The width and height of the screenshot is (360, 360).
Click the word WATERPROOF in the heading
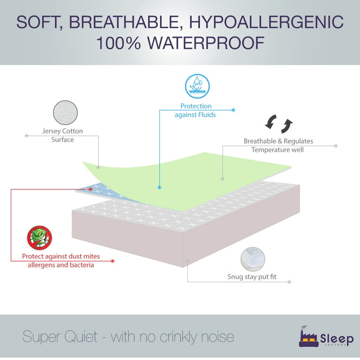pyautogui.click(x=206, y=43)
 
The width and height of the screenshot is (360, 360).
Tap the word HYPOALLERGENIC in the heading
pyautogui.click(x=266, y=22)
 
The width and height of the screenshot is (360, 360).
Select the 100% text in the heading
pyautogui.click(x=119, y=43)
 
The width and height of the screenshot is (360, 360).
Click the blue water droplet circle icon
pyautogui.click(x=197, y=86)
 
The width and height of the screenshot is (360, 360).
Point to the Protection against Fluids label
pyautogui.click(x=195, y=110)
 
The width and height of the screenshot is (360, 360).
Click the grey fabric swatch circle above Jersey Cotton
pyautogui.click(x=66, y=112)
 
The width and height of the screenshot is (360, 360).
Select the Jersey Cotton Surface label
pyautogui.click(x=62, y=135)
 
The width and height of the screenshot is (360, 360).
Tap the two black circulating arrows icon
pyautogui.click(x=279, y=124)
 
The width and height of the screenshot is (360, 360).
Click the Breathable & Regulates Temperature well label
pyautogui.click(x=278, y=145)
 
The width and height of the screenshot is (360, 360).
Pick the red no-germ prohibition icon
pyautogui.click(x=39, y=238)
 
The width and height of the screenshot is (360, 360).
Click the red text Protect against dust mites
pyautogui.click(x=61, y=256)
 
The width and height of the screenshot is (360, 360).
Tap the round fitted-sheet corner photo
pyautogui.click(x=253, y=259)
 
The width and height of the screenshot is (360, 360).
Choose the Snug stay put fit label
pyautogui.click(x=252, y=277)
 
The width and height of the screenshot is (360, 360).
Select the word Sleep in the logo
pyautogui.click(x=337, y=339)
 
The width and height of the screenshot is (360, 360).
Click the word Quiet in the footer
pyautogui.click(x=81, y=337)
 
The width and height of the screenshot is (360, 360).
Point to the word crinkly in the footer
pyautogui.click(x=179, y=337)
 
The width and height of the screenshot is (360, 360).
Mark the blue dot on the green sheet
pyautogui.click(x=159, y=187)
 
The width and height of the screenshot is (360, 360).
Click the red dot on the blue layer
pyautogui.click(x=90, y=189)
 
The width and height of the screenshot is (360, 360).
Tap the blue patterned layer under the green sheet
pyautogui.click(x=103, y=191)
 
